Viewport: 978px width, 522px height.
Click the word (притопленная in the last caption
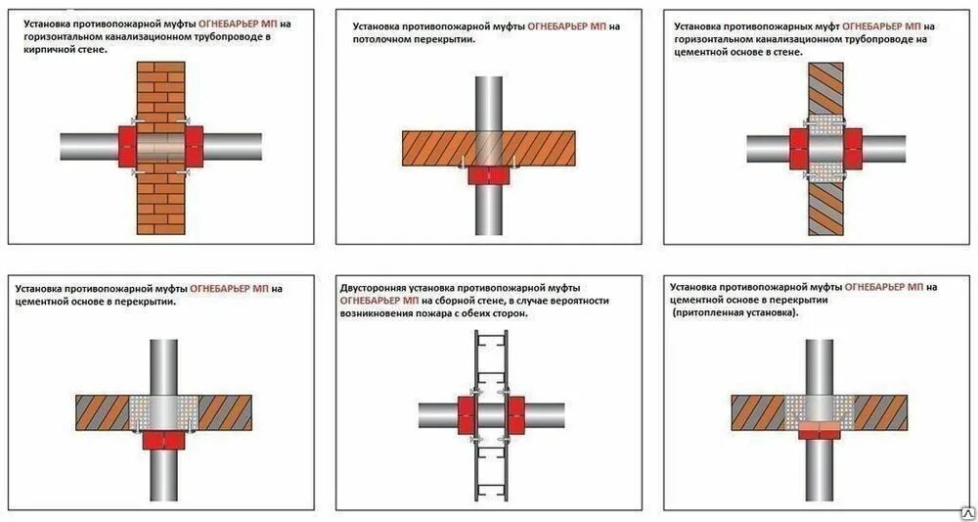click(x=705, y=313)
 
